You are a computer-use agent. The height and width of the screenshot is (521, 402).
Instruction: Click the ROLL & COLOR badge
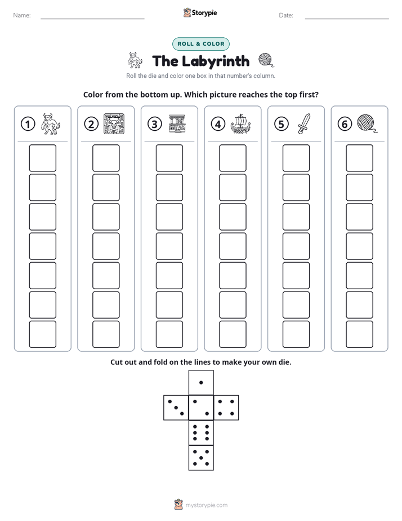point(200,44)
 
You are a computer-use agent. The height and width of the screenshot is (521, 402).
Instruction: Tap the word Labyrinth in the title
point(216,61)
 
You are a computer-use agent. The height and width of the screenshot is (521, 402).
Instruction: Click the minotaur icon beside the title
point(135,60)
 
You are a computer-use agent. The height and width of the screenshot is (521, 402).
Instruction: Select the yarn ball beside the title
point(266,60)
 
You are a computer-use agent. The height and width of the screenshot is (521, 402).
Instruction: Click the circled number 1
point(28,124)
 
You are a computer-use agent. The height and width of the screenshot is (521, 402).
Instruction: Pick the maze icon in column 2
point(114,124)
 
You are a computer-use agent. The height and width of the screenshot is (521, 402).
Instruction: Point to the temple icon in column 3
point(177,124)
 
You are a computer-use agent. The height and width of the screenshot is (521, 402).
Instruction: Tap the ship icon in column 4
point(240,124)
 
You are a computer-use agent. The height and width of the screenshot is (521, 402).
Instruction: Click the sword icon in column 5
point(304,124)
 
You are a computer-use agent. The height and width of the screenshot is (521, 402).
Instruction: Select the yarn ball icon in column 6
point(367,123)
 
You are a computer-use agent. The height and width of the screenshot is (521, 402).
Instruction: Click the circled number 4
point(218,124)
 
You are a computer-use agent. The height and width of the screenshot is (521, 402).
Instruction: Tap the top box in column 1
point(42,158)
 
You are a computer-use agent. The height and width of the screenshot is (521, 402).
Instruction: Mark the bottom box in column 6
point(359,334)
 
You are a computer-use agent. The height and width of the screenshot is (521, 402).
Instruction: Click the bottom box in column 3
point(169,334)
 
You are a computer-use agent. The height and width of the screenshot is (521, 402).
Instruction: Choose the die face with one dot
point(201,382)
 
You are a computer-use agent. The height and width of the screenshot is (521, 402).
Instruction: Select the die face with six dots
point(201,432)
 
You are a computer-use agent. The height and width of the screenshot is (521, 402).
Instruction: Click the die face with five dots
point(201,458)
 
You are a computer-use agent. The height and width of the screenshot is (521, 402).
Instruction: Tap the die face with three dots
point(176,408)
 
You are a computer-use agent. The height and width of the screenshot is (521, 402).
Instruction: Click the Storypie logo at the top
point(200,13)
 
